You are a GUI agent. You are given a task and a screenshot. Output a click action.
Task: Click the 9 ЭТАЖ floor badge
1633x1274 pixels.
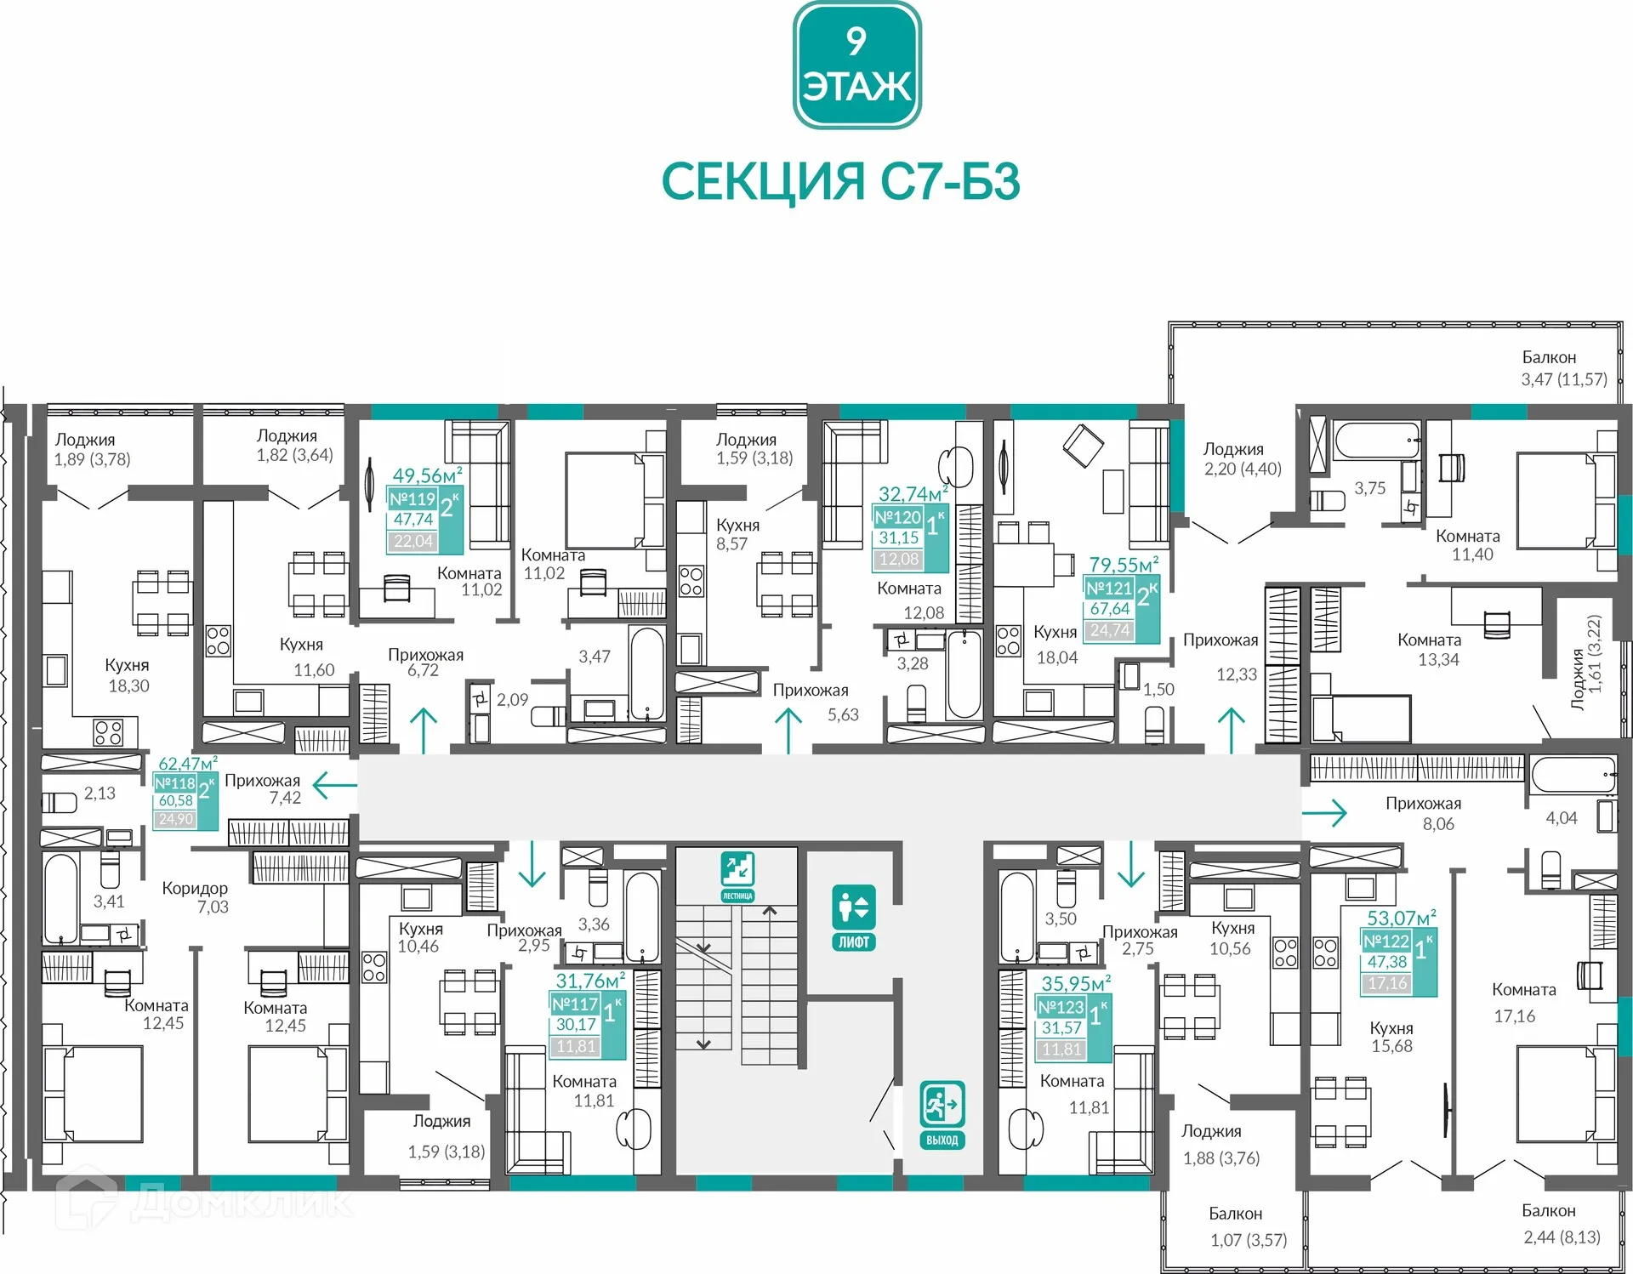856,65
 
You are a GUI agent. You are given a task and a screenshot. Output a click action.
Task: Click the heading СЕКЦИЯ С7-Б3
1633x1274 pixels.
840,181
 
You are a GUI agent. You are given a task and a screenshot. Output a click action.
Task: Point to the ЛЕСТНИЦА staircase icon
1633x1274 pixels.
737,877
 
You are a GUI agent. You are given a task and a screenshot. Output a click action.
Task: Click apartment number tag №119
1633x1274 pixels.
413,499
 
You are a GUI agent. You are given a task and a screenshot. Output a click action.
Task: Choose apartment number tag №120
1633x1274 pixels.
898,517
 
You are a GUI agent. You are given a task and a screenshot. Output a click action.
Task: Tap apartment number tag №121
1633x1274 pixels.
1109,589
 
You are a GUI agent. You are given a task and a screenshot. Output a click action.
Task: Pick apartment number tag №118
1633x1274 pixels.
175,783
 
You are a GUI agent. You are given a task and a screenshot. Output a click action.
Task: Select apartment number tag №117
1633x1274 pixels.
575,1004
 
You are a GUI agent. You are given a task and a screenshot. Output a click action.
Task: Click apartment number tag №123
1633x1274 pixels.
1061,1007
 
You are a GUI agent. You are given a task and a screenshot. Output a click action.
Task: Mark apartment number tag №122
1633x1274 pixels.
1386,941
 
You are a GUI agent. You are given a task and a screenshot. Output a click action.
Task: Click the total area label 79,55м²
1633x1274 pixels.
1124,565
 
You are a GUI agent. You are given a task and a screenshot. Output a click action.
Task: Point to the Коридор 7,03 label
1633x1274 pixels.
195,897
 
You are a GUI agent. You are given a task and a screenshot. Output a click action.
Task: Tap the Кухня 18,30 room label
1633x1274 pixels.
128,675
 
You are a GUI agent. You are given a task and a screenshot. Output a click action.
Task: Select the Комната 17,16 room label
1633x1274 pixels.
1523,1003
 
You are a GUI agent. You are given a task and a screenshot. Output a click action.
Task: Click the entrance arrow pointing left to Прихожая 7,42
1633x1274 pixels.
335,785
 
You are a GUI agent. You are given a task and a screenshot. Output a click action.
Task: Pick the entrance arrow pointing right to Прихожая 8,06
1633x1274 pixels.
1324,812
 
